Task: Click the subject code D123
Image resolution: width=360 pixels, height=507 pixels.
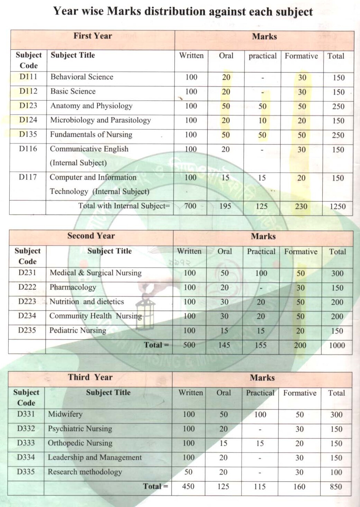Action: coord(28,105)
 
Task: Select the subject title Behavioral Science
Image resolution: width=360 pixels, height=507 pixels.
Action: coord(82,77)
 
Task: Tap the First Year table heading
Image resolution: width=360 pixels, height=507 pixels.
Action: coord(93,36)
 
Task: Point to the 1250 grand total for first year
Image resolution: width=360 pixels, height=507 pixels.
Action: coord(337,206)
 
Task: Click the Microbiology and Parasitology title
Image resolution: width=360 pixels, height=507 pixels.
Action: coord(101,120)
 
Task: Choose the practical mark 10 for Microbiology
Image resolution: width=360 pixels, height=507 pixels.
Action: coord(263,121)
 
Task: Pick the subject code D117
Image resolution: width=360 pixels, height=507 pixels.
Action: coord(28,177)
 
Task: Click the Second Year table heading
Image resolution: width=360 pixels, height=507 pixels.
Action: coord(91,236)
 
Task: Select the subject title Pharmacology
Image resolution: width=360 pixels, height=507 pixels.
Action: coord(73,287)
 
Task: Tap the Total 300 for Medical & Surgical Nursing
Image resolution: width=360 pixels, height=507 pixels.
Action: coord(337,273)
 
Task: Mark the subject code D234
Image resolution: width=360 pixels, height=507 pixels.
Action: coord(27,316)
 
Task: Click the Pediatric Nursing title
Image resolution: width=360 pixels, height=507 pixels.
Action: coord(78,330)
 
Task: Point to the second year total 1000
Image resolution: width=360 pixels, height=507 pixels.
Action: coord(337,345)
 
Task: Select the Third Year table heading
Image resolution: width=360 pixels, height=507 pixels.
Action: coord(90,377)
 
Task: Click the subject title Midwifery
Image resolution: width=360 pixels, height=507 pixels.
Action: coord(65,414)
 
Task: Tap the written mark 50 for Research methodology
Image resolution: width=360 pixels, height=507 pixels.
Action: coord(188,472)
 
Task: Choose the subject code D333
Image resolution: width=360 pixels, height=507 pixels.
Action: coord(26,443)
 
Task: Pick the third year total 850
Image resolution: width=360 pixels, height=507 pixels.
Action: coord(336,487)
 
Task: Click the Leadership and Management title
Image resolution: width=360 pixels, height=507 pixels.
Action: coord(95,457)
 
